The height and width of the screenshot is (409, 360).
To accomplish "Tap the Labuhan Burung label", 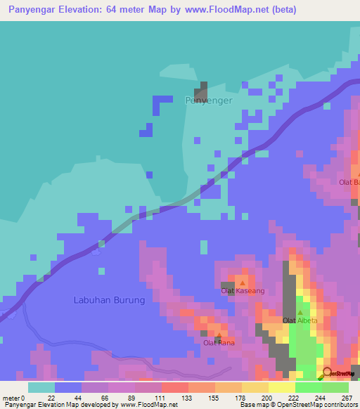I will point(109,300).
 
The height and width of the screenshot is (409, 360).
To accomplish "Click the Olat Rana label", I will point(219,343).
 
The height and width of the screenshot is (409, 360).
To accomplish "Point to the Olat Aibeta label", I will point(298,320).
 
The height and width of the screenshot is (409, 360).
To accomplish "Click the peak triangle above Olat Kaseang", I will point(242,283).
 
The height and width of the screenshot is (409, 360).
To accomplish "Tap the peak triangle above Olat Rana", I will point(218,335).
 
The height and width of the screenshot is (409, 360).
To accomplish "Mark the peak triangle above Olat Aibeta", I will point(300,313).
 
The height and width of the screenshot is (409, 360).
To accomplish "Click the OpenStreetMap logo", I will point(338,373).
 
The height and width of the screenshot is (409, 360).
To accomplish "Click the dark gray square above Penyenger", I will point(202,90).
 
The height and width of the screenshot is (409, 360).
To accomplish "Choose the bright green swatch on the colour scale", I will point(308,387).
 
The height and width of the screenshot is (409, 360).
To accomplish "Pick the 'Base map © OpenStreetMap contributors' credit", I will point(297,405).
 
